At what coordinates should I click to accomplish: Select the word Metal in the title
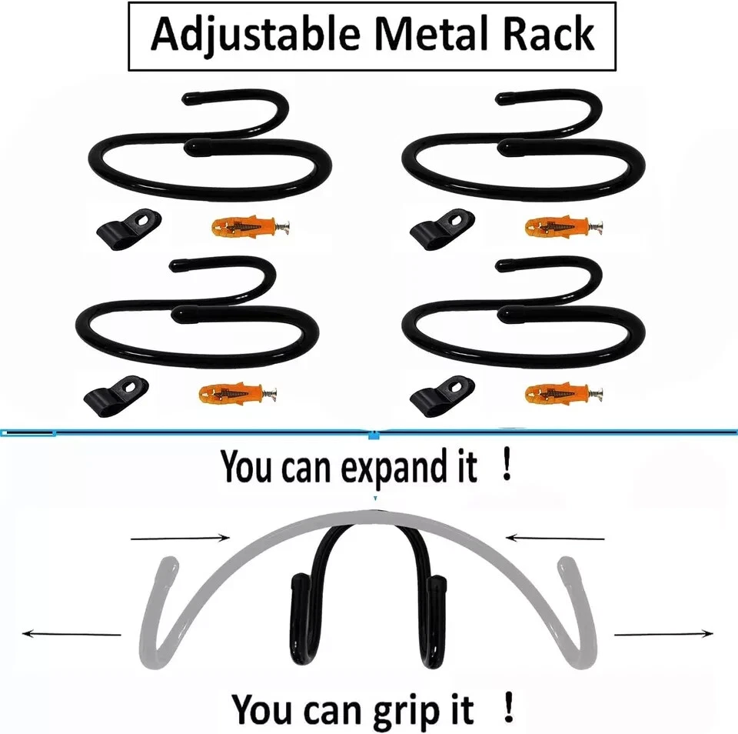428,35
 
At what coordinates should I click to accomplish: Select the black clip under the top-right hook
437,229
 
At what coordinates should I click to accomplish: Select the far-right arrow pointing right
664,634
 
